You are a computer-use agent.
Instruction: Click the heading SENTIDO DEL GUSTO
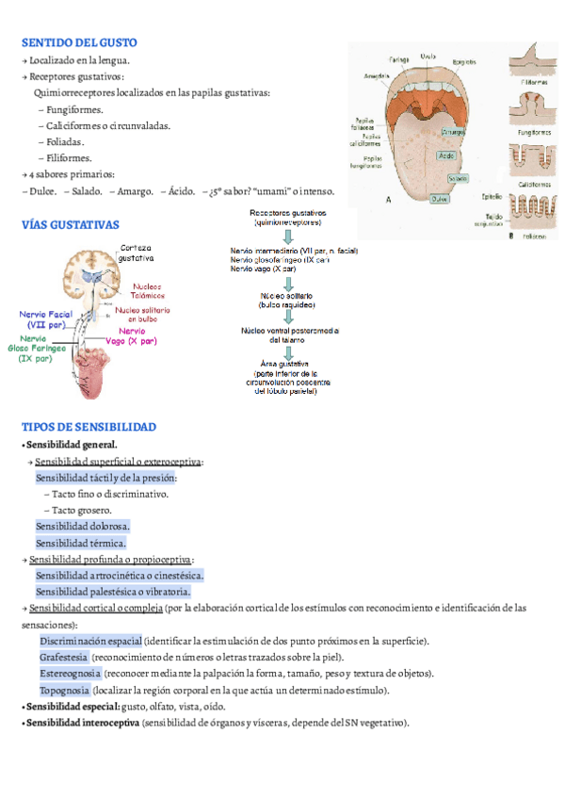79,42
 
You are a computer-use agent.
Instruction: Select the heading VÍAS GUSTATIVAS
71,225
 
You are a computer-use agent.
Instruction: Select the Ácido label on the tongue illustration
448,155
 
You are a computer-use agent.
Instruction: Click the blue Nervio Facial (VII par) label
46,318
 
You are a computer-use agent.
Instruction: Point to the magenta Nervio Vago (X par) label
131,336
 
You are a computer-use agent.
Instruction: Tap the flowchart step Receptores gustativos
288,218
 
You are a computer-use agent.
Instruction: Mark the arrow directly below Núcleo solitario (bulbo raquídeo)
289,318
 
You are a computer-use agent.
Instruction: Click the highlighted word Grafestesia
64,657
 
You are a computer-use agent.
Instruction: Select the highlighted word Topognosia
64,691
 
